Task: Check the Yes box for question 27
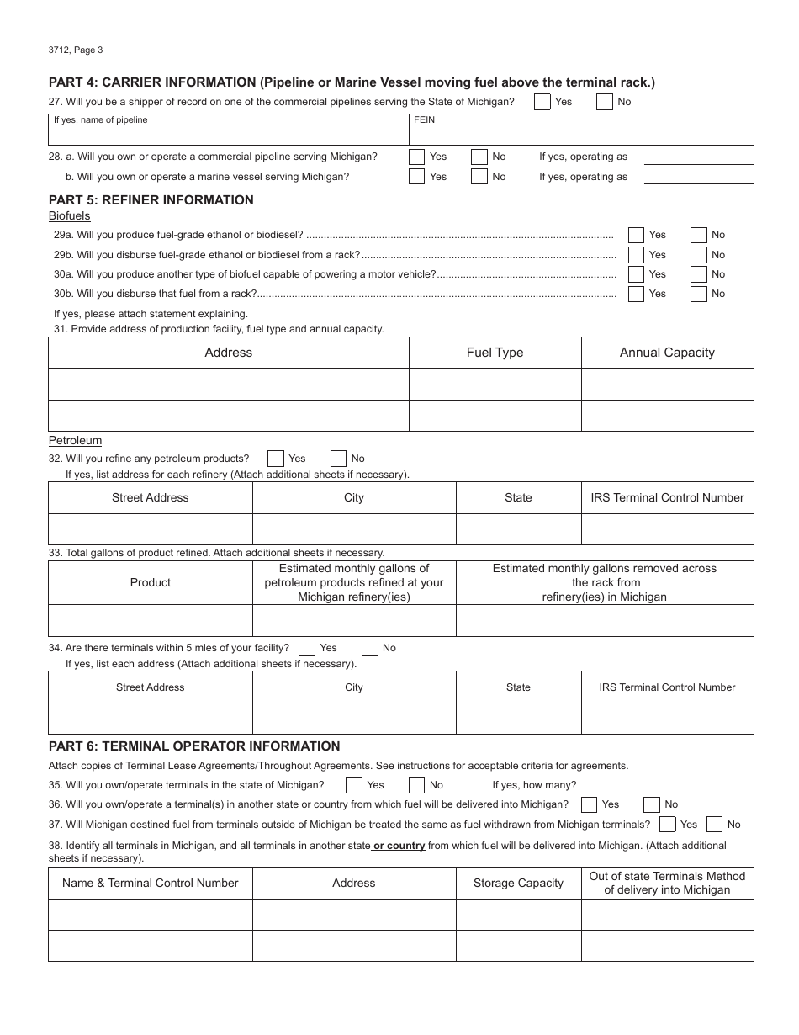542,102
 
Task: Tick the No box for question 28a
479,157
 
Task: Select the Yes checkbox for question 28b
416,177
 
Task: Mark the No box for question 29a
699,235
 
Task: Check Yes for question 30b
637,294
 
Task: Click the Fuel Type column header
495,353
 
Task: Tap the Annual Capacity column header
667,353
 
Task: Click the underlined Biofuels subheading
69,216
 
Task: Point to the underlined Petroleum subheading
75,440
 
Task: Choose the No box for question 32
338,459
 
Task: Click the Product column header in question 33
151,582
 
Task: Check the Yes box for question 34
307,648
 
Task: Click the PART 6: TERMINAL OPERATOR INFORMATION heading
194,746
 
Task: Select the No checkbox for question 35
416,785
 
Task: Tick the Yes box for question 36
590,804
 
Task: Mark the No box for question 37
714,825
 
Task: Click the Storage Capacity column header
518,883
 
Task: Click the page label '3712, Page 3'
76,50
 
